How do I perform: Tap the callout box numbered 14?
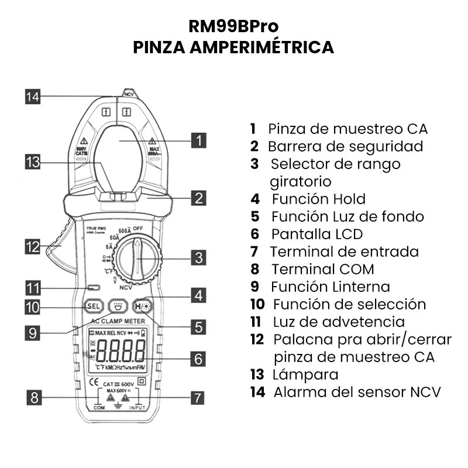click(x=33, y=97)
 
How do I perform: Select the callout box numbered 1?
click(x=199, y=140)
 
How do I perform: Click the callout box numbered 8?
click(x=35, y=398)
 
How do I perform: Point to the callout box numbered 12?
click(x=33, y=246)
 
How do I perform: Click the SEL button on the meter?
click(x=93, y=306)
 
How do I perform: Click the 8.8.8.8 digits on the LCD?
click(x=121, y=351)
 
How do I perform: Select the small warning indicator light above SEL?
click(x=93, y=288)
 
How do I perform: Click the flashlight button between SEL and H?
click(x=118, y=306)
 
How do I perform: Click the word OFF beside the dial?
click(x=138, y=228)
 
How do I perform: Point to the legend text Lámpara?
click(x=305, y=374)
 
